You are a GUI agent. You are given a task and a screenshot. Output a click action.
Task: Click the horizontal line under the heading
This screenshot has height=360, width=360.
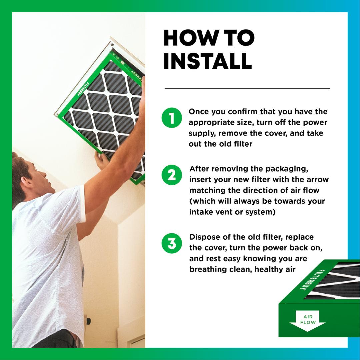(x=247, y=89)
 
